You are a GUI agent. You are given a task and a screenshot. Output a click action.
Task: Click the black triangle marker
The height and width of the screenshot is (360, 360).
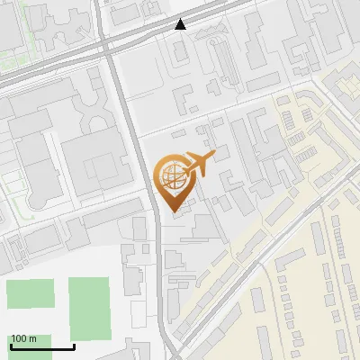click(181, 24)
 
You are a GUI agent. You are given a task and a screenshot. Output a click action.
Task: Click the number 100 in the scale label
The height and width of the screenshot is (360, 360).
click(20, 338)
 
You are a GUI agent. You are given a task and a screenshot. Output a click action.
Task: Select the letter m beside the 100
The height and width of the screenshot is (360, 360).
click(32, 338)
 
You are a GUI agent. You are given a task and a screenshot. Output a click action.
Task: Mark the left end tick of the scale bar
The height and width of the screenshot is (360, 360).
click(11, 345)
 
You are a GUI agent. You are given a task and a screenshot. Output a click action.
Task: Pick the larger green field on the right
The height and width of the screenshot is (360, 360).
click(89, 302)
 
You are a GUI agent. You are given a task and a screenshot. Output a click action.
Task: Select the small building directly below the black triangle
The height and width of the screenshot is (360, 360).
click(180, 50)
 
